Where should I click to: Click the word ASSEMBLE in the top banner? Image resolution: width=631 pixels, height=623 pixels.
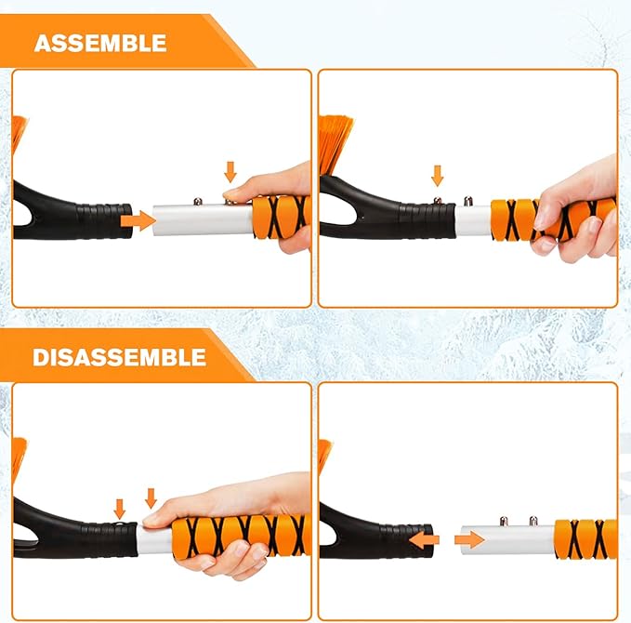(x=100, y=43)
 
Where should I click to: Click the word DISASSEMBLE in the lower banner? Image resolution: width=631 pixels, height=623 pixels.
(x=120, y=357)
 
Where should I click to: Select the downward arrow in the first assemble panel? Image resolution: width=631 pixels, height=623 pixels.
(x=231, y=171)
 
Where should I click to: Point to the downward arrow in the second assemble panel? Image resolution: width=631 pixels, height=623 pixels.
(x=437, y=174)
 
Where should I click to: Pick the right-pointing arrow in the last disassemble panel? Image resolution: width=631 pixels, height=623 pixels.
(x=470, y=539)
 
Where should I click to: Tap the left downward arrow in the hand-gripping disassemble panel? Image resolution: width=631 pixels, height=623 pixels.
(x=119, y=508)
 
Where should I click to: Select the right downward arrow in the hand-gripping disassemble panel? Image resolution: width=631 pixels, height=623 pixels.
(x=151, y=497)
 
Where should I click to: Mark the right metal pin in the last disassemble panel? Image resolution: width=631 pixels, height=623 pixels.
(x=533, y=521)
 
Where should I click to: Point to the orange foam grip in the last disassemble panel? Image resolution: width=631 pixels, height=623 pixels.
(x=585, y=539)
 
